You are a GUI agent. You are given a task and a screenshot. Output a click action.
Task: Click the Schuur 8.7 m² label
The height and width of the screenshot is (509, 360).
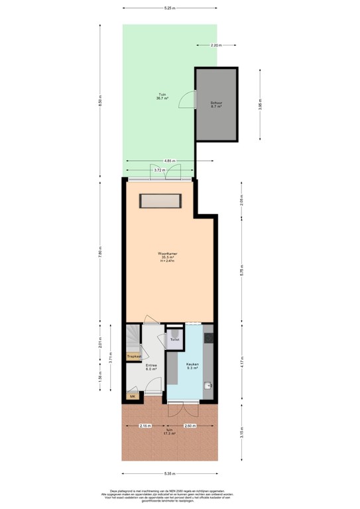click(216, 105)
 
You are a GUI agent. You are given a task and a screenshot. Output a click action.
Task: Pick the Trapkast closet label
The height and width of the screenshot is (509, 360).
click(135, 357)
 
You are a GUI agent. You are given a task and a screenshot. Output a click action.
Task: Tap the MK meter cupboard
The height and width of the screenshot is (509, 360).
click(133, 396)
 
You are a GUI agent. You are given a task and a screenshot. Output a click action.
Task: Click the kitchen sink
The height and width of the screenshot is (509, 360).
click(208, 385)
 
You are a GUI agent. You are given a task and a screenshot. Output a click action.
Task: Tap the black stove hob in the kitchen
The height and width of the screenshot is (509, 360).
click(209, 338)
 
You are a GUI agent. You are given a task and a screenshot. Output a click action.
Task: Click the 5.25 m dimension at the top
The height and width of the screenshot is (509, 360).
click(170, 8)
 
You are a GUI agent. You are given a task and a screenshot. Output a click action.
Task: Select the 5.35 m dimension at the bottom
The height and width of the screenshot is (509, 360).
click(170, 474)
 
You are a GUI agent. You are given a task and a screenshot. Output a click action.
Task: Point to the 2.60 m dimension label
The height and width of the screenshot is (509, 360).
click(189, 425)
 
